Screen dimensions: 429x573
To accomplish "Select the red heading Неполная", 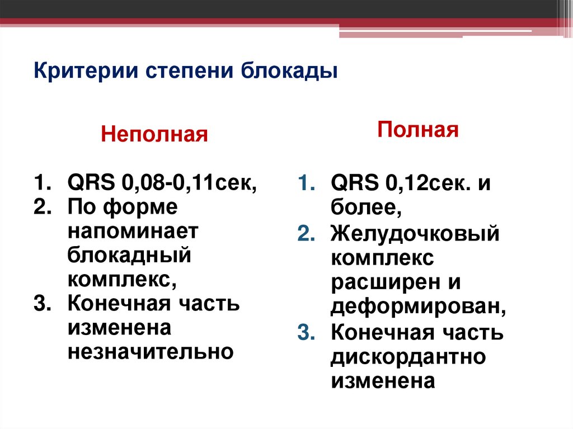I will tap(154, 135).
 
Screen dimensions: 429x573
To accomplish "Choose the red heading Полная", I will tap(418, 130).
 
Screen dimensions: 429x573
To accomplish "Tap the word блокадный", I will tap(130, 255).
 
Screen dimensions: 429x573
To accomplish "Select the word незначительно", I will tap(151, 352).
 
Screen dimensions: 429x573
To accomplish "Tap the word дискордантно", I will tap(408, 356).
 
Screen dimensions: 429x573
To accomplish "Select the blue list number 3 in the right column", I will tap(306, 332).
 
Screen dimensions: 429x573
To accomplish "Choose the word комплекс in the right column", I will tap(382, 258).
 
